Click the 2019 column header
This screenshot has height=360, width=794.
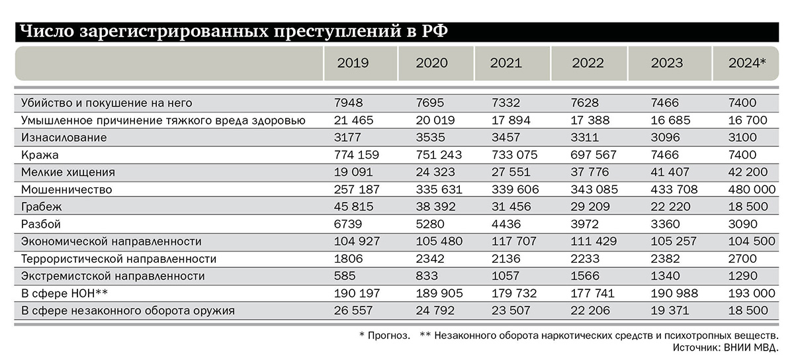point(353,64)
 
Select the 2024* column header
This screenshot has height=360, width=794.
point(747,64)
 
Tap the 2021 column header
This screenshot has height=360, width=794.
point(506,64)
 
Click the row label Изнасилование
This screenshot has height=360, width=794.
point(64,138)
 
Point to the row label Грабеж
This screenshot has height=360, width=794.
point(45,206)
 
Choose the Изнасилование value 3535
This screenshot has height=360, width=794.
point(429,138)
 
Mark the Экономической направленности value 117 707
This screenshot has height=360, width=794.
point(515,241)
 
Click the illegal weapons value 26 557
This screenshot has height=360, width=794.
point(355,310)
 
